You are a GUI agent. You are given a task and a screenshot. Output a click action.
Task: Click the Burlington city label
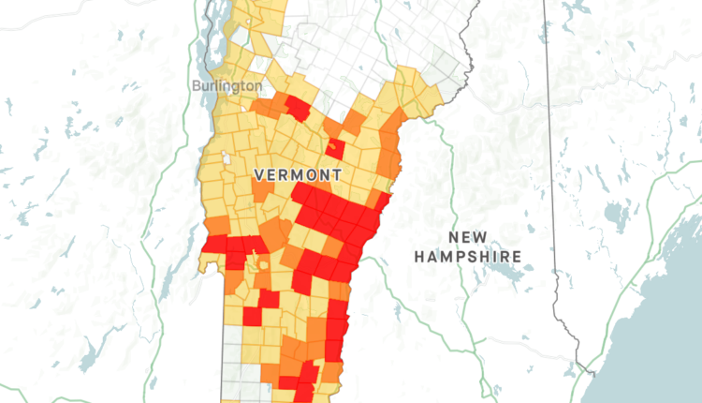point(227,85)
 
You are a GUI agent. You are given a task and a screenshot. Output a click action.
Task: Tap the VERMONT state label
point(297,175)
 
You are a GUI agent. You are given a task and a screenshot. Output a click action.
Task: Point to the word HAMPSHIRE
point(468,256)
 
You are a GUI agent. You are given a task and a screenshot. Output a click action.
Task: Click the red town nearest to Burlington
point(297,108)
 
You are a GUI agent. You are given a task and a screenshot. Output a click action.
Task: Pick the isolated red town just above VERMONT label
point(335,148)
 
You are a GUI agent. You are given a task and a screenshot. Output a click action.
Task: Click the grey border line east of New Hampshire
point(549,187)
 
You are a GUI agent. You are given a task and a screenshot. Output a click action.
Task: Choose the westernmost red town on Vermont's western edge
point(213,246)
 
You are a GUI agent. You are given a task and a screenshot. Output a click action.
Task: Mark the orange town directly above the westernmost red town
point(216,226)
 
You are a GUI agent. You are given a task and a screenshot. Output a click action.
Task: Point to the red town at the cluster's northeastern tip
point(380,201)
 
